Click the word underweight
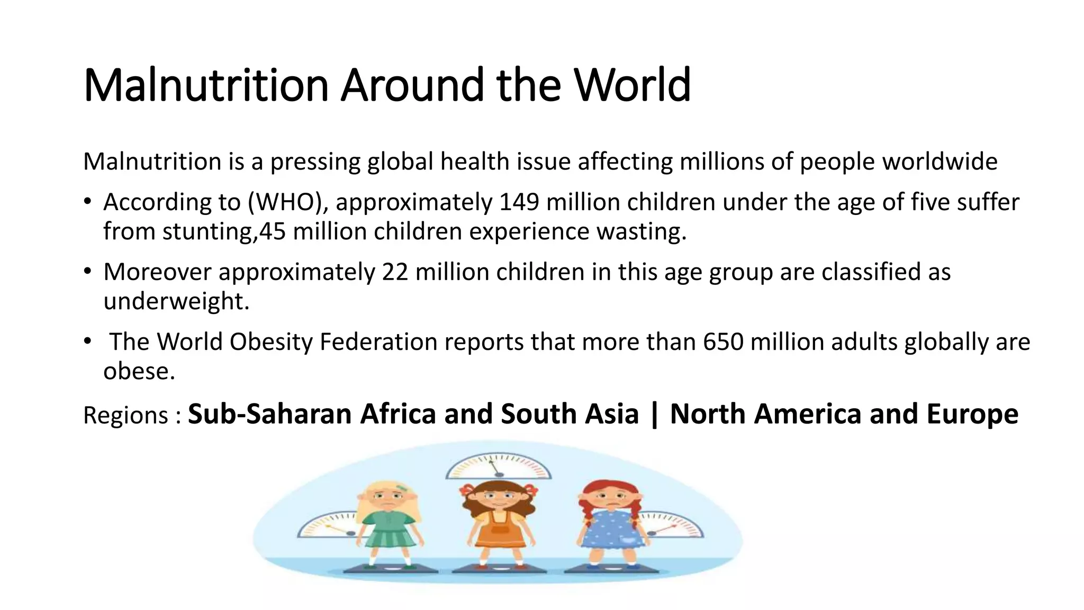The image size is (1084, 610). pyautogui.click(x=176, y=301)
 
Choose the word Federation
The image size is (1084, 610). pyautogui.click(x=378, y=342)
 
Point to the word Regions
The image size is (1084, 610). pyautogui.click(x=125, y=415)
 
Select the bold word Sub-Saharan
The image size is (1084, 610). pyautogui.click(x=269, y=414)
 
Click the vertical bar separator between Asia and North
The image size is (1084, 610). pyautogui.click(x=654, y=414)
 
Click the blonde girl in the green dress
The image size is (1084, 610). pyautogui.click(x=389, y=524)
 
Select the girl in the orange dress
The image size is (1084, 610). pyautogui.click(x=498, y=524)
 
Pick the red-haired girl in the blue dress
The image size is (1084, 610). pyautogui.click(x=610, y=524)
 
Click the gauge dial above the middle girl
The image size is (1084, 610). pyautogui.click(x=498, y=467)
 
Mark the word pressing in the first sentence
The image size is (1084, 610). pyautogui.click(x=315, y=162)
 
